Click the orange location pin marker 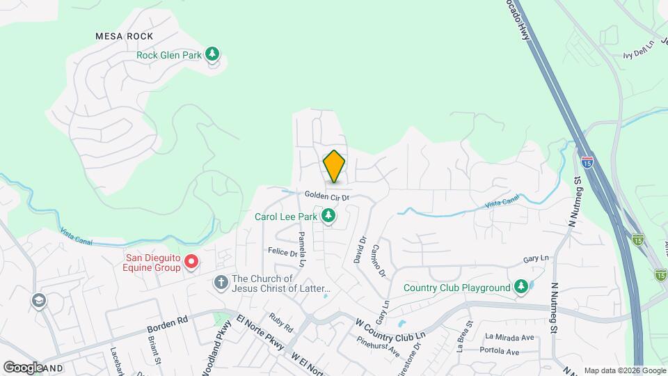click(x=334, y=166)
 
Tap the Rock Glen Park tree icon click(x=213, y=54)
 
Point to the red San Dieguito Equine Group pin click(x=191, y=263)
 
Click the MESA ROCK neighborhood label click(x=125, y=36)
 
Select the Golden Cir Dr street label click(x=326, y=197)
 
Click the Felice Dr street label click(x=283, y=250)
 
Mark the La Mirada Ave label click(x=510, y=338)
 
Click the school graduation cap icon click(x=38, y=300)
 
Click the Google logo click(x=23, y=367)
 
